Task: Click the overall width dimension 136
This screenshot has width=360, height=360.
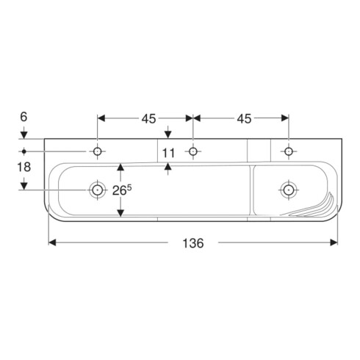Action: pyautogui.click(x=193, y=243)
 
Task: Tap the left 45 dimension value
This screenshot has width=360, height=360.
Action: pyautogui.click(x=148, y=119)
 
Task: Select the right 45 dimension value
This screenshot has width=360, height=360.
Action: pyautogui.click(x=244, y=119)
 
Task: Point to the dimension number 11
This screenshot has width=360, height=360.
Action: pyautogui.click(x=168, y=153)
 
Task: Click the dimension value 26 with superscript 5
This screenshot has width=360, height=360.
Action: pyautogui.click(x=122, y=190)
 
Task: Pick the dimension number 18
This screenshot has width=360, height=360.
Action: pyautogui.click(x=24, y=167)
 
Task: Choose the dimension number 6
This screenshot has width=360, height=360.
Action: pyautogui.click(x=24, y=117)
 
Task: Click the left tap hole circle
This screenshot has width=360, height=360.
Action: pyautogui.click(x=98, y=151)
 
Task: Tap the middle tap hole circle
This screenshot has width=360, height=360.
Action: pyautogui.click(x=193, y=151)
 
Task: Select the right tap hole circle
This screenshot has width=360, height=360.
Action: pyautogui.click(x=289, y=151)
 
